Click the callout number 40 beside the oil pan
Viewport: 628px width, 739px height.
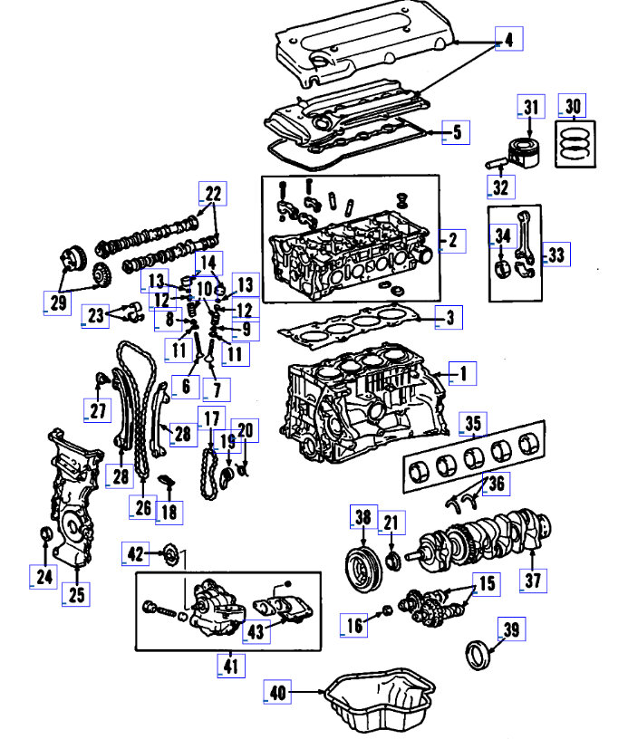click(x=278, y=693)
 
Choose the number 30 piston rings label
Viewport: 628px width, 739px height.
click(x=572, y=107)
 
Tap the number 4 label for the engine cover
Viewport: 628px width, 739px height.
click(x=509, y=40)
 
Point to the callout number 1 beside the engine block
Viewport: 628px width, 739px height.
click(x=462, y=372)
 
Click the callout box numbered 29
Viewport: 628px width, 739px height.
click(x=58, y=302)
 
